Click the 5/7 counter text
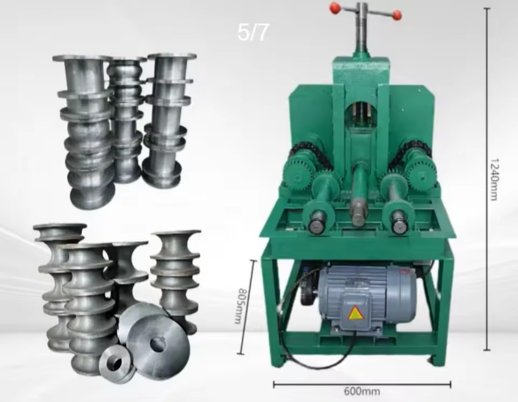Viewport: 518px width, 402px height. pyautogui.click(x=253, y=32)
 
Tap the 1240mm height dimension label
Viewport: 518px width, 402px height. pyautogui.click(x=494, y=179)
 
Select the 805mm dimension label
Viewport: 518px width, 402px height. pyautogui.click(x=244, y=306)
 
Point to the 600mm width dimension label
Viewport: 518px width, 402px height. pyautogui.click(x=362, y=391)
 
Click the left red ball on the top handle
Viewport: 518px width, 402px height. pyautogui.click(x=335, y=8)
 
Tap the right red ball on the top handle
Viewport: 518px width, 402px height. pyautogui.click(x=396, y=15)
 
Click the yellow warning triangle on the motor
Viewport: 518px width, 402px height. pyautogui.click(x=355, y=313)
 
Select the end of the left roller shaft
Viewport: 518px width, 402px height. pyautogui.click(x=316, y=226)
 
